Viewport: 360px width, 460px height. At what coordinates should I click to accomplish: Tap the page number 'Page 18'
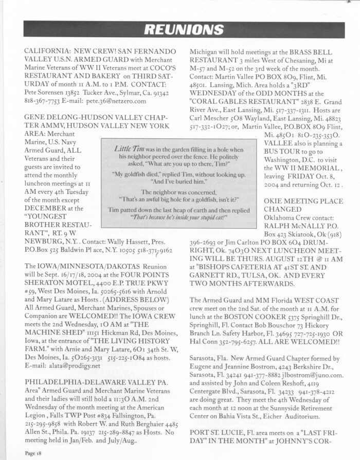(x=34, y=454)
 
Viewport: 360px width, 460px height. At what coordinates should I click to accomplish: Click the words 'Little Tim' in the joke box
(x=127, y=149)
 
